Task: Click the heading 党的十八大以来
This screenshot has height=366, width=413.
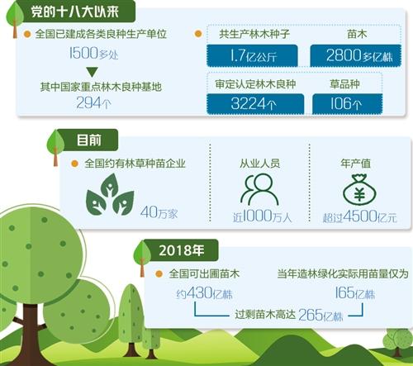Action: (74, 12)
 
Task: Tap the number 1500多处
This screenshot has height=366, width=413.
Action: (93, 53)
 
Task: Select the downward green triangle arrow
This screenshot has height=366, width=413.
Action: (92, 72)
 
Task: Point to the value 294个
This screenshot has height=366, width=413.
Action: (93, 103)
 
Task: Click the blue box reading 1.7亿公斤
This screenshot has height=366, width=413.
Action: (252, 55)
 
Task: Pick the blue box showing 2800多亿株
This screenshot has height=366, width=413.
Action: (356, 55)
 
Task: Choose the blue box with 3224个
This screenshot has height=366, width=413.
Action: (255, 104)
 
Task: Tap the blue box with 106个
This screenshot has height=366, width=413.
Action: (348, 104)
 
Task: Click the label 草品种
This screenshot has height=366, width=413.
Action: (344, 84)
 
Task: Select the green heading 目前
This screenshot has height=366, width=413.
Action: (88, 140)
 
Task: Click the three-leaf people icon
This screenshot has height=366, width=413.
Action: (110, 194)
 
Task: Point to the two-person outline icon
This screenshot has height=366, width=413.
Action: (259, 190)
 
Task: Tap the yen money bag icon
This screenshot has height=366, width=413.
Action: (359, 190)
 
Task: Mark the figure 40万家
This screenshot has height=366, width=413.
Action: (159, 212)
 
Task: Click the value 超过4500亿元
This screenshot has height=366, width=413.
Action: (359, 216)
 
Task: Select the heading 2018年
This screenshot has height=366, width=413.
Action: (182, 250)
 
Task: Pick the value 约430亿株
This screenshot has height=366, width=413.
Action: (205, 293)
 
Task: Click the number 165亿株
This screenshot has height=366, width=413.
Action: (355, 292)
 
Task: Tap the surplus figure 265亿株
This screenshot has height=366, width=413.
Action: (320, 315)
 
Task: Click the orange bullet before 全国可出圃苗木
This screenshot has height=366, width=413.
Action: (159, 273)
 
